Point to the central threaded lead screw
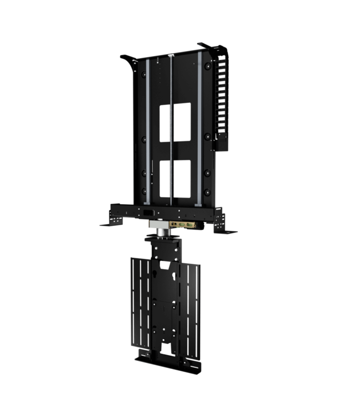coord(172,133)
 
